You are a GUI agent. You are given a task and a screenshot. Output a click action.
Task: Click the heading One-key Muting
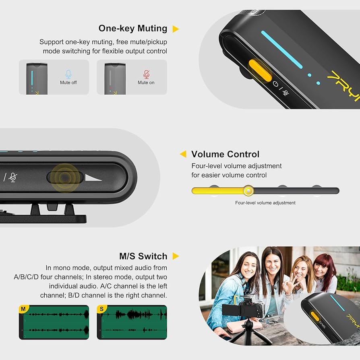(x=133, y=29)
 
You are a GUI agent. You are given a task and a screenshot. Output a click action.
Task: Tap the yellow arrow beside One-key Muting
(x=175, y=29)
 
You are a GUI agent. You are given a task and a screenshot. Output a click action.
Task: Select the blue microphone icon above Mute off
(x=68, y=74)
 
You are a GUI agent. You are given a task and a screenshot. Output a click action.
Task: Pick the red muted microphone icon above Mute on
(x=146, y=74)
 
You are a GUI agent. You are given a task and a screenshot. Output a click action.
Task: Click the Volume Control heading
(x=225, y=154)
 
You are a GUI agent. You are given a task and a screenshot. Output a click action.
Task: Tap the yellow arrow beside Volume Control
(x=183, y=154)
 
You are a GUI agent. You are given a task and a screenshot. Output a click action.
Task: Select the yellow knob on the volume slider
(x=249, y=190)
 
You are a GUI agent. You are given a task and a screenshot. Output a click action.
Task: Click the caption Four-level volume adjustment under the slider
(x=265, y=203)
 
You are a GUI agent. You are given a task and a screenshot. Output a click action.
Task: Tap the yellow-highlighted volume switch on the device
(x=64, y=177)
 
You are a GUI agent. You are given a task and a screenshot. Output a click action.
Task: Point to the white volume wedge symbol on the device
(x=93, y=177)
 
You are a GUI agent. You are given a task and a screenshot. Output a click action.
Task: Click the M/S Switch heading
(x=143, y=257)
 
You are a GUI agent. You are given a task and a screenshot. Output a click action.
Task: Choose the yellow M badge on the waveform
(x=23, y=309)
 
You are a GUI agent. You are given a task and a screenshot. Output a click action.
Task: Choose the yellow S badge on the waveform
(x=101, y=309)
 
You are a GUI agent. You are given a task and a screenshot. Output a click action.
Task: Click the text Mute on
(x=146, y=83)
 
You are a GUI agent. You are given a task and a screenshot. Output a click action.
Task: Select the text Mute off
(x=68, y=83)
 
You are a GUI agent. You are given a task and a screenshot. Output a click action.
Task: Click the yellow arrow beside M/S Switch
(x=175, y=257)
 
